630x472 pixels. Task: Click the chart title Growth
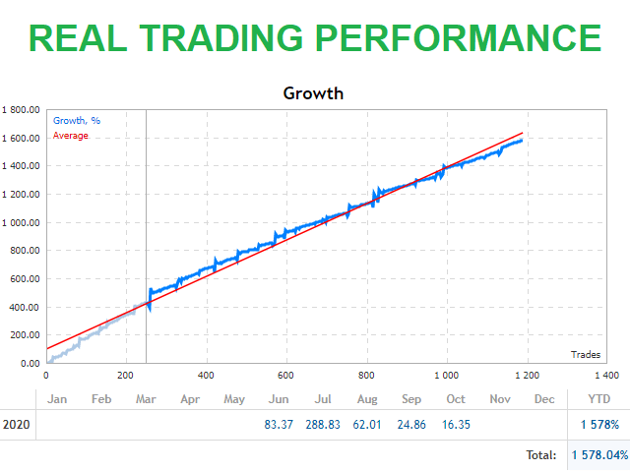(x=313, y=94)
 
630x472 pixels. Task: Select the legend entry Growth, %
(x=77, y=121)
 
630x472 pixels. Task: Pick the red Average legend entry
(x=70, y=136)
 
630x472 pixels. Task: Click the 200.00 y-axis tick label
(x=24, y=335)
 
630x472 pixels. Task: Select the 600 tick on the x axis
(x=286, y=376)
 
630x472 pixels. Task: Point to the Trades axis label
(x=588, y=354)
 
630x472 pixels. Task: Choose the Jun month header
(x=279, y=399)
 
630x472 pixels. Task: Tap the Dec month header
(x=543, y=399)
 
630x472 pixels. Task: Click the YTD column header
(x=598, y=399)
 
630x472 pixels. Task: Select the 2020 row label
(x=17, y=426)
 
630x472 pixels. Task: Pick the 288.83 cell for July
(x=323, y=426)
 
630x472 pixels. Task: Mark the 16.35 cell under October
(x=456, y=426)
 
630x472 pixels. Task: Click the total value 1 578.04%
(x=599, y=455)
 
